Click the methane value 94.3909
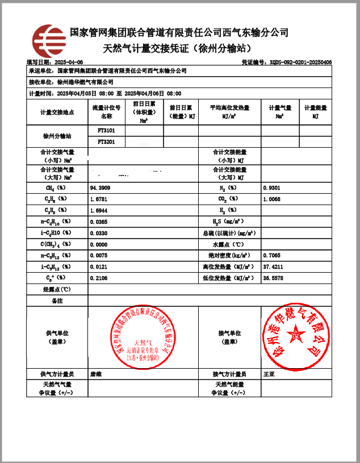pyautogui.click(x=100, y=187)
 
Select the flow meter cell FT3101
pyautogui.click(x=107, y=131)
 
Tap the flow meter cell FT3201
pyautogui.click(x=107, y=142)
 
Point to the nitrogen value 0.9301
pyautogui.click(x=272, y=187)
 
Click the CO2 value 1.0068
pyautogui.click(x=272, y=199)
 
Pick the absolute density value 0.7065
pyautogui.click(x=272, y=256)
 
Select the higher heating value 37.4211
pyautogui.click(x=273, y=267)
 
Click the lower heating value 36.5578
pyautogui.click(x=273, y=278)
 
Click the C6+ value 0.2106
pyautogui.click(x=99, y=278)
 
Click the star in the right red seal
pyautogui.click(x=295, y=335)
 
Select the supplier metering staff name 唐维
pyautogui.click(x=96, y=374)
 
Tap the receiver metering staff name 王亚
pyautogui.click(x=269, y=374)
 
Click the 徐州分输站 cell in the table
pyautogui.click(x=57, y=136)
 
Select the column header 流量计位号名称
pyautogui.click(x=107, y=112)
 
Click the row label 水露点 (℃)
pyautogui.click(x=227, y=244)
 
